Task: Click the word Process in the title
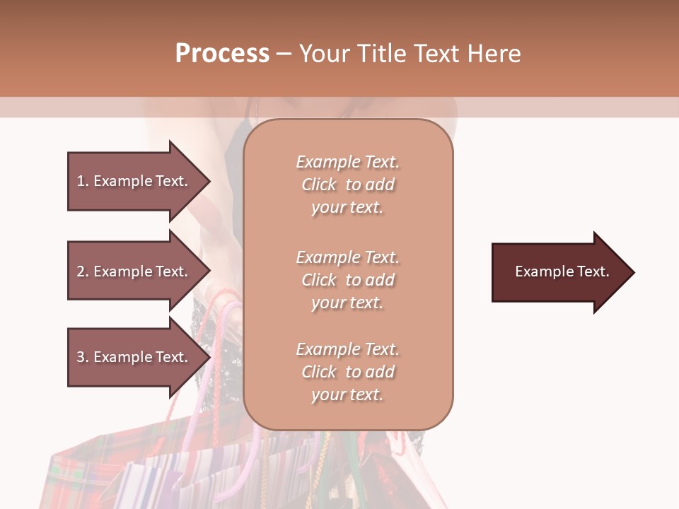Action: pos(222,54)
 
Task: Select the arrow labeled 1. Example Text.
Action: pos(134,181)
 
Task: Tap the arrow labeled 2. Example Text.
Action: pos(134,271)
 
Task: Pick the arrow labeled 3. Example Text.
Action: pos(134,357)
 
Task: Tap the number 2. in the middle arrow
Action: pos(83,271)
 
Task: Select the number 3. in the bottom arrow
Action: pos(83,357)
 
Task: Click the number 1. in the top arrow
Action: pos(82,181)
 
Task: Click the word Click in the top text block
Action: pos(319,185)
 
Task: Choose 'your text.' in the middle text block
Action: pos(347,303)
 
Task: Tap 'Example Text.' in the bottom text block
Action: pos(347,349)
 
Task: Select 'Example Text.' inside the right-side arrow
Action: pos(562,271)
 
